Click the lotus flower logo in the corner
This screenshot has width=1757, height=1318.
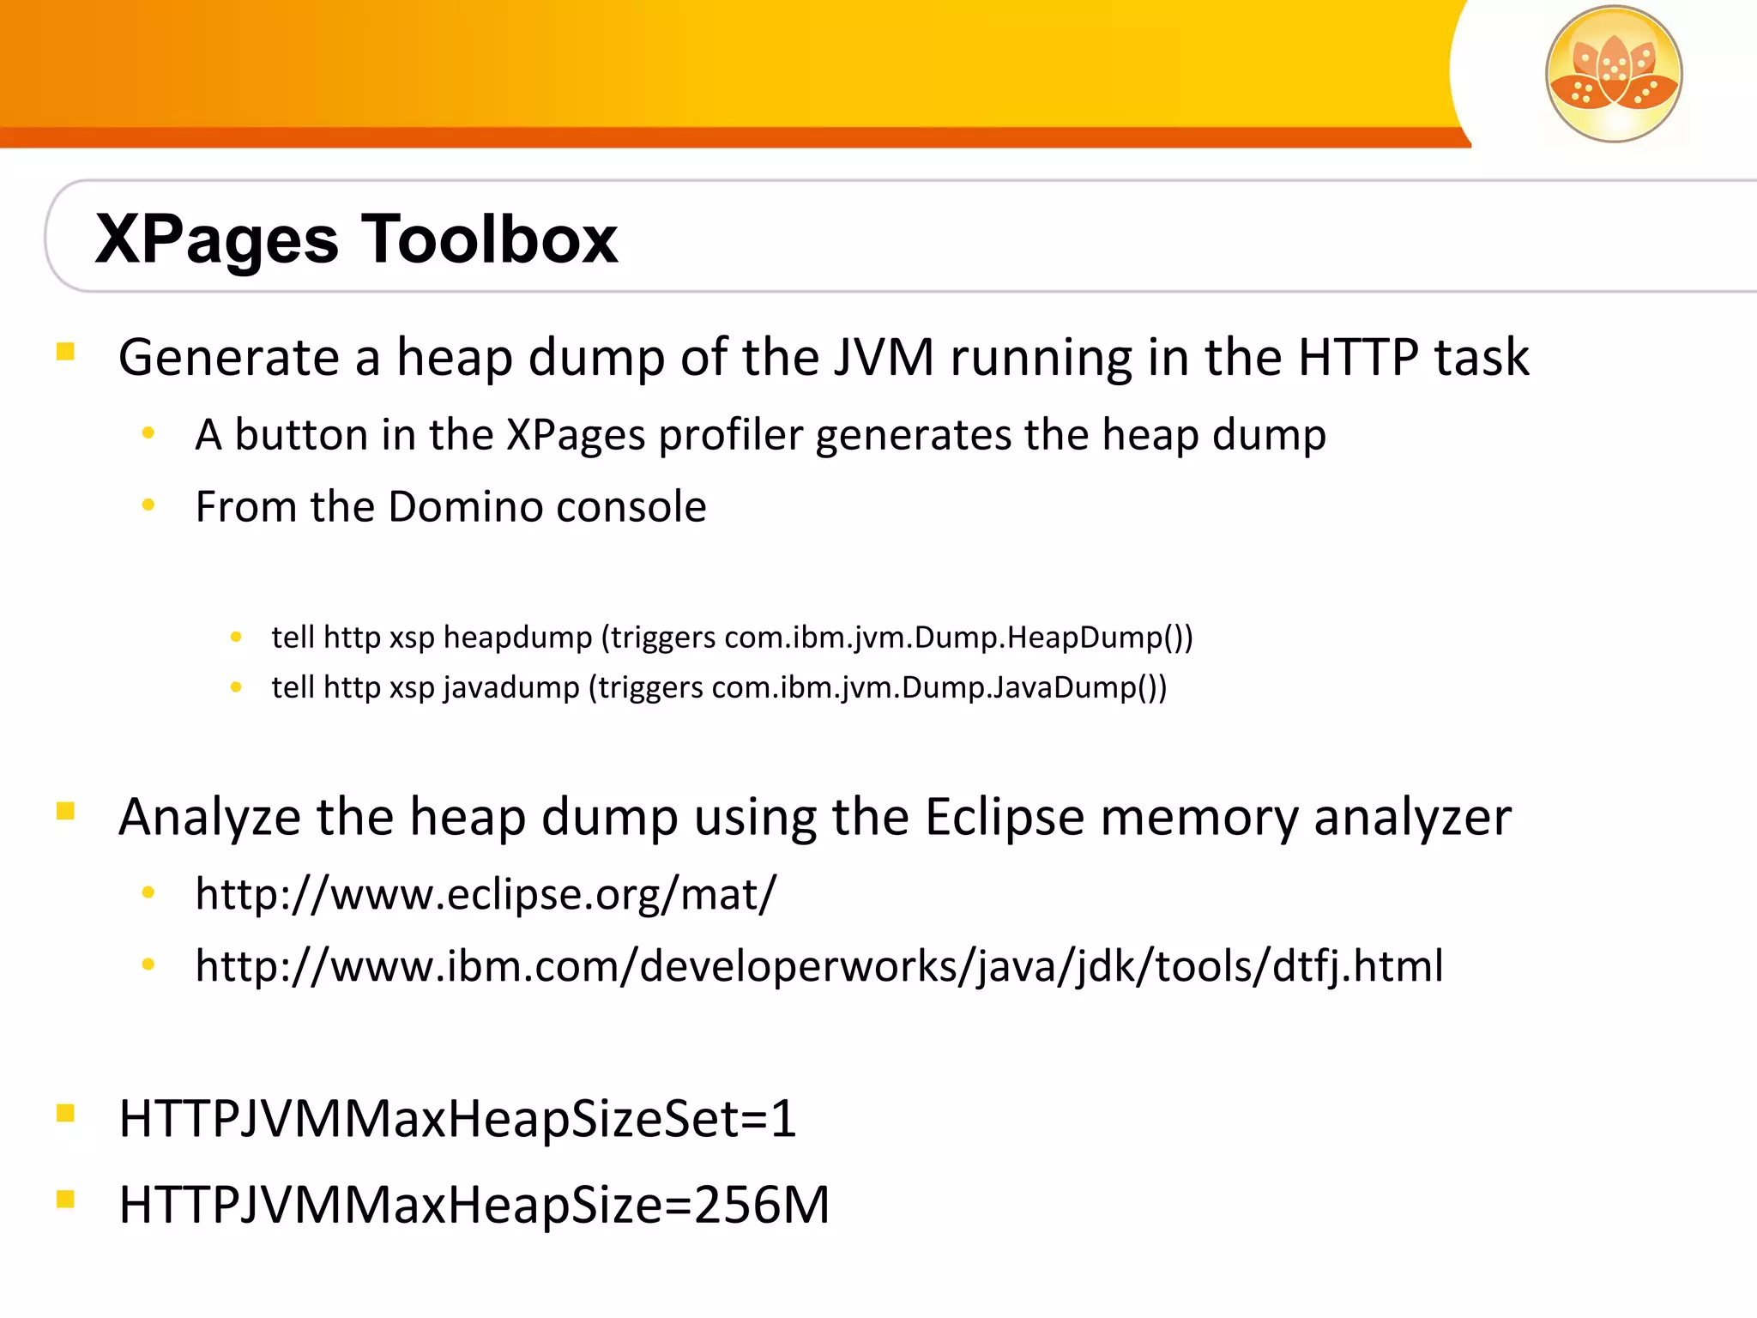coord(1613,74)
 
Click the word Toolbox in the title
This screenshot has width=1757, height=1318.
coord(489,239)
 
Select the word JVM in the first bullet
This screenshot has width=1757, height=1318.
coord(883,357)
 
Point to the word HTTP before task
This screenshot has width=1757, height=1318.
coord(1358,357)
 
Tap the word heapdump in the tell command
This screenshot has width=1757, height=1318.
coord(517,638)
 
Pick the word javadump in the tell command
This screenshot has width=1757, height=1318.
coord(511,687)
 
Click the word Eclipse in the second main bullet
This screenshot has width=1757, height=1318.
coord(1005,817)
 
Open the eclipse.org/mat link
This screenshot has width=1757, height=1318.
coord(486,894)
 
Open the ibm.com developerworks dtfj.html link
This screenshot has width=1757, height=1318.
coord(818,966)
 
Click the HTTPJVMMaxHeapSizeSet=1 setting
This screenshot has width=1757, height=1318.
coord(457,1119)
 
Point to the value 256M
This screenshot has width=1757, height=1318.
coord(762,1205)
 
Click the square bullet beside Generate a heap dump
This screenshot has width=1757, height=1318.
coord(66,352)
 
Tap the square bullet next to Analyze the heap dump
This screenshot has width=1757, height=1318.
coord(66,811)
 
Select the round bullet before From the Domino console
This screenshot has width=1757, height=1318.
coord(148,505)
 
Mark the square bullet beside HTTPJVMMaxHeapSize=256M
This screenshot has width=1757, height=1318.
coord(66,1199)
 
